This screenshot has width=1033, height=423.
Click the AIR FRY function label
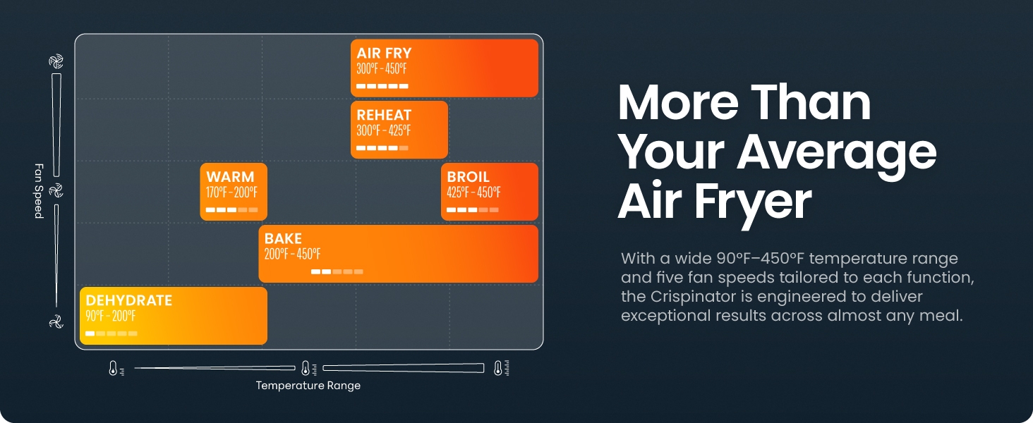coord(384,53)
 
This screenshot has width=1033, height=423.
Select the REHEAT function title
coord(384,115)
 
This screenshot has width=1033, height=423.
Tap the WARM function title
coord(230,176)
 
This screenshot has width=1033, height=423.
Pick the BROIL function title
coord(468,176)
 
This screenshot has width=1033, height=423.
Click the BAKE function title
coord(283,238)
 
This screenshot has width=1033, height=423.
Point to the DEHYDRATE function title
coord(128,300)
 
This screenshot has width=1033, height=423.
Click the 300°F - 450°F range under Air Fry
coord(382,69)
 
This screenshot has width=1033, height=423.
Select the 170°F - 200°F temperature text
coord(231,192)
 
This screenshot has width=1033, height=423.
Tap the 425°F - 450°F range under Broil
coord(473,192)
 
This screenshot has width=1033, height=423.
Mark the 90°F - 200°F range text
coord(110,316)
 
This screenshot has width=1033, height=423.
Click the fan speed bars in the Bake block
coord(337,272)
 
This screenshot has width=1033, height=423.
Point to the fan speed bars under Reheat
coord(382,148)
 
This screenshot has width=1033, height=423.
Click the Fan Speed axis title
coord(40,191)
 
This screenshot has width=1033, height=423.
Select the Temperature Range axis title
coord(308,385)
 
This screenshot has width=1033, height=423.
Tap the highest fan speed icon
coord(56,61)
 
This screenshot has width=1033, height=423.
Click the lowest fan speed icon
coord(56,321)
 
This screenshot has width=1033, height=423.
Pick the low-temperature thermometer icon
coord(115,368)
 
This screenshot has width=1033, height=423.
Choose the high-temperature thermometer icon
coord(501,368)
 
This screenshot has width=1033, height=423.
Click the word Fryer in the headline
coord(753,202)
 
